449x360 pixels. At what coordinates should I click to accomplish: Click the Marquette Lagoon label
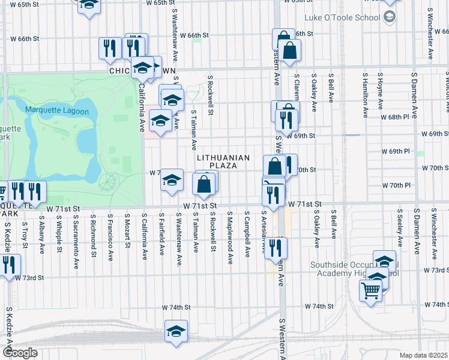click(x=61, y=110)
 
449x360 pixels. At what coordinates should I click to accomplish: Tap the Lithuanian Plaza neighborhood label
click(x=223, y=161)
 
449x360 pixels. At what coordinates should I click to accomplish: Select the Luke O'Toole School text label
click(x=343, y=19)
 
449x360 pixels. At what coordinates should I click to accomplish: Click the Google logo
click(x=19, y=353)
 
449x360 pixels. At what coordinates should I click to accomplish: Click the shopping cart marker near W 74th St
click(x=370, y=291)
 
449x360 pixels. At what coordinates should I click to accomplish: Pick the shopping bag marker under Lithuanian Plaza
click(x=203, y=185)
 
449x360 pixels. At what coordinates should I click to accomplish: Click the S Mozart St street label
click(x=127, y=229)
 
